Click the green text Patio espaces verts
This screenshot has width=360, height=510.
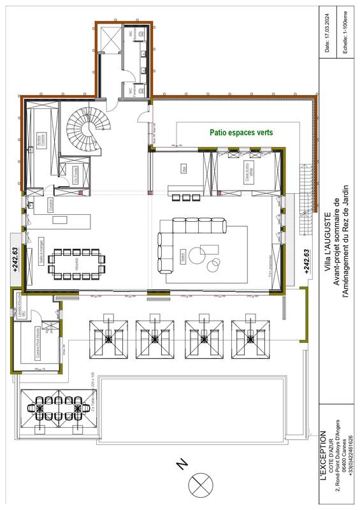tap(241, 133)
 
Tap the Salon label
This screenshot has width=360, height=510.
tap(184, 258)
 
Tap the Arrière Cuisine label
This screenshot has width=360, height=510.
tap(40, 136)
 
